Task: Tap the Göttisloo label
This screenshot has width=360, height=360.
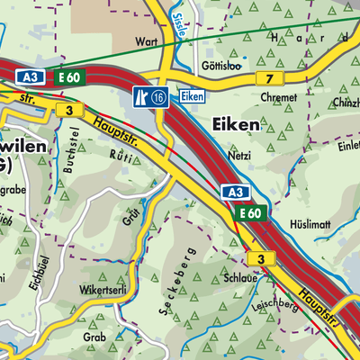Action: tap(220, 66)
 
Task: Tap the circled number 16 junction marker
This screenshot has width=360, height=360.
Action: tap(160, 96)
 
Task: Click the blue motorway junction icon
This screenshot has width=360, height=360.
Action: tap(141, 96)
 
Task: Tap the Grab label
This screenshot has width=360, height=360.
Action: tap(94, 336)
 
